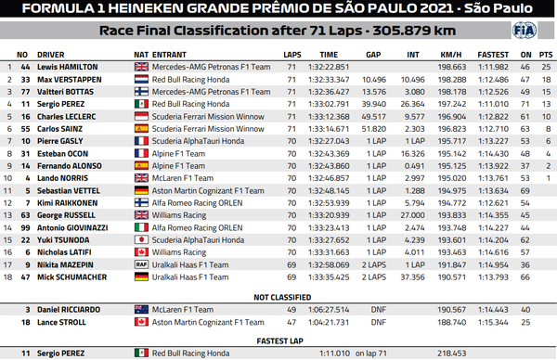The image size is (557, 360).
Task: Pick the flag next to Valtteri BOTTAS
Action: [x=141, y=92]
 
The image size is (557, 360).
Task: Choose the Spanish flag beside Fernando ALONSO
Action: [x=141, y=164]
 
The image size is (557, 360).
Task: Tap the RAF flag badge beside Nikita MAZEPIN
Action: [x=141, y=263]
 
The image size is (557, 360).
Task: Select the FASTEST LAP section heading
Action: [x=278, y=340]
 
